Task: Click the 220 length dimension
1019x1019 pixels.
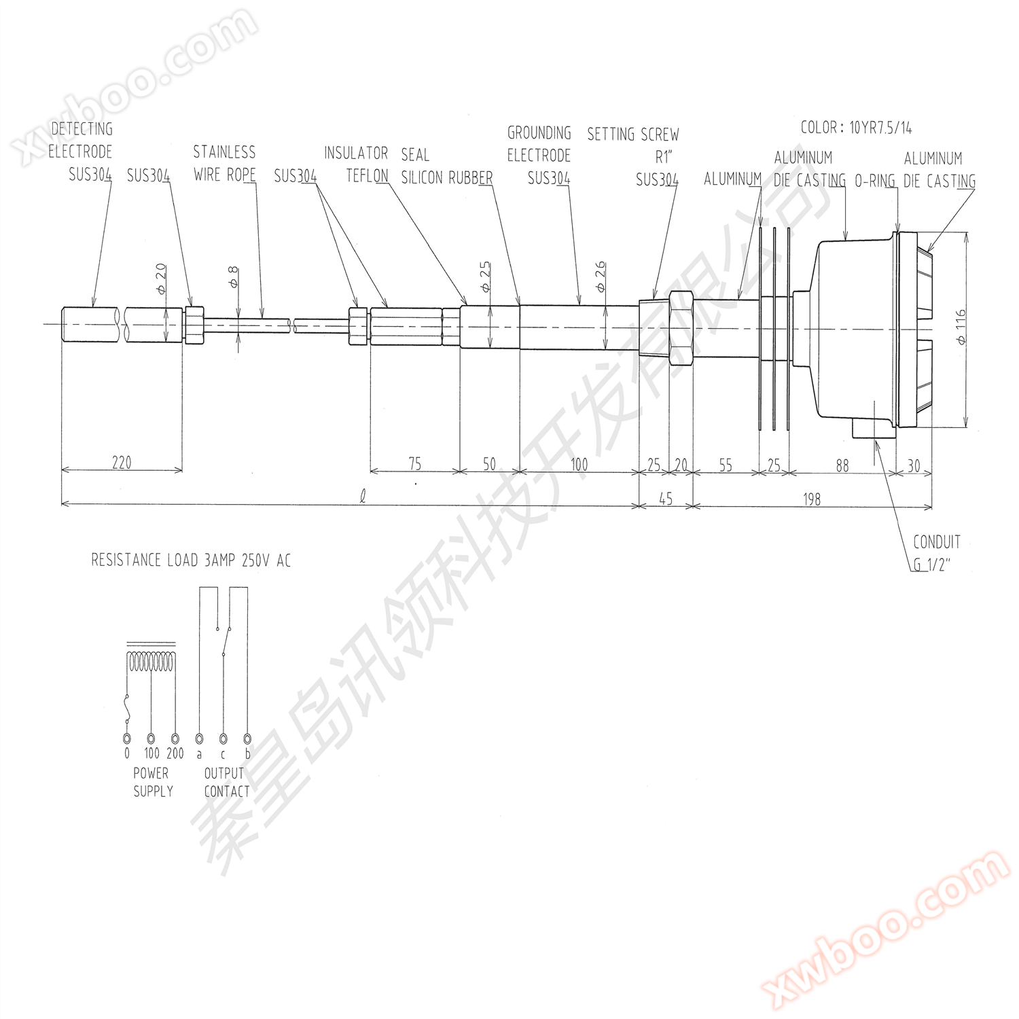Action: (x=122, y=463)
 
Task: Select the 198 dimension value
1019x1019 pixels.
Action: (x=812, y=500)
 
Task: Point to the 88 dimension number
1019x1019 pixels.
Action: (x=842, y=465)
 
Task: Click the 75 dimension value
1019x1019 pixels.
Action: (x=414, y=464)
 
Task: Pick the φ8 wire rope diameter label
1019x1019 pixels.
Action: (x=233, y=277)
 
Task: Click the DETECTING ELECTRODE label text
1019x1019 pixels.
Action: (x=81, y=140)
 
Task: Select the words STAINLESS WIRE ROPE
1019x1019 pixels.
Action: (x=224, y=163)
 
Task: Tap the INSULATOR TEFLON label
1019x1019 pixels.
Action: (x=356, y=164)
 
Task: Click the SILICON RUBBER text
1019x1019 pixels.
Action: (x=447, y=177)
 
